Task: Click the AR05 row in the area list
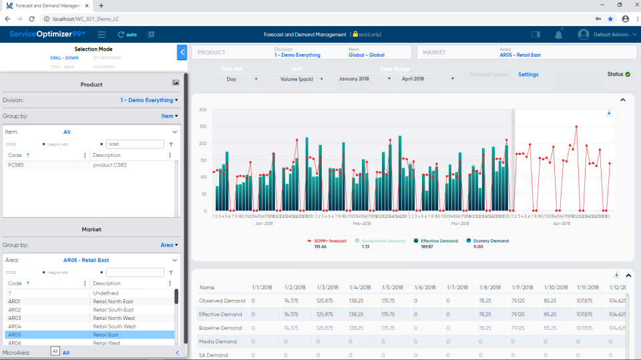tap(15, 335)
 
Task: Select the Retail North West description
tap(114, 318)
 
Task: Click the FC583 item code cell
tap(16, 165)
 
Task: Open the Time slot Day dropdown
tap(240, 79)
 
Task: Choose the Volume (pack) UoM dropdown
tap(301, 79)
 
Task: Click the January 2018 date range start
tap(365, 79)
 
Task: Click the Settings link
tap(528, 75)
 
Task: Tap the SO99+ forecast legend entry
tap(327, 240)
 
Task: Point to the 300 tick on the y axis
tap(202, 110)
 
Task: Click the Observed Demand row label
tap(222, 301)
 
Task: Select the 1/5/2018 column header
tap(392, 287)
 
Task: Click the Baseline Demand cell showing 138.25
tap(359, 328)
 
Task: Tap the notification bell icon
tap(558, 34)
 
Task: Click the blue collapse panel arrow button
tap(182, 53)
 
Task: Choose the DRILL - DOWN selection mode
tap(65, 57)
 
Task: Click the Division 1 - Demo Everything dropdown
tap(149, 100)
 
